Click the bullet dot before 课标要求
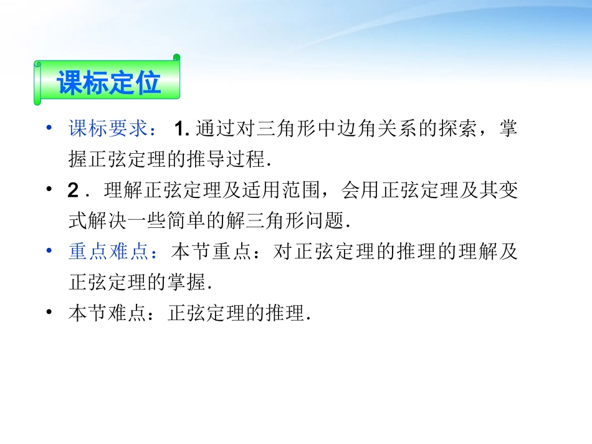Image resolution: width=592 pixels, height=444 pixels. [x=49, y=129]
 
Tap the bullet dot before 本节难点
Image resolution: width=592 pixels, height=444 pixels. [x=49, y=313]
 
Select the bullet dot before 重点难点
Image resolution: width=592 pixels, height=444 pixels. [x=49, y=252]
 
